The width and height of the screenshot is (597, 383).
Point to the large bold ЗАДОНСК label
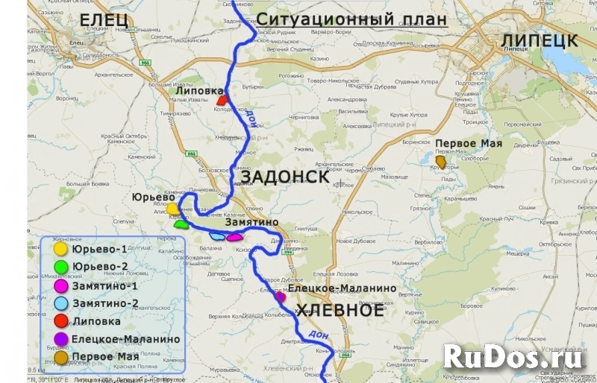(x=286, y=177)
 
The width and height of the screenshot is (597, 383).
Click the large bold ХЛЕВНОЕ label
(x=340, y=311)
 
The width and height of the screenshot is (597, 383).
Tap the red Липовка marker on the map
(x=221, y=100)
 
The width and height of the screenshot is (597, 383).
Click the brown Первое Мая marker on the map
(x=441, y=161)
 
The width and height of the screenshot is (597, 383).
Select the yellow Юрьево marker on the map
(x=172, y=209)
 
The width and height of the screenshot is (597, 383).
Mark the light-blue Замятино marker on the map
(x=217, y=236)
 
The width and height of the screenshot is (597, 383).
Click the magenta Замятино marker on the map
(x=235, y=238)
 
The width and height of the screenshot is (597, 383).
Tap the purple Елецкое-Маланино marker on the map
(x=281, y=297)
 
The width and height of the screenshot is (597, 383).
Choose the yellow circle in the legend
(x=60, y=249)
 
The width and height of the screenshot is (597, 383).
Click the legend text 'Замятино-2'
(x=105, y=303)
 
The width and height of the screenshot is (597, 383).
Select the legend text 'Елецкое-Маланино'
(x=126, y=339)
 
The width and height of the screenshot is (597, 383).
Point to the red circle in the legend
(x=60, y=321)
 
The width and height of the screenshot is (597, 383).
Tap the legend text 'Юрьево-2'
(x=100, y=267)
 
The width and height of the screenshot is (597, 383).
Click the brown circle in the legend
(x=60, y=357)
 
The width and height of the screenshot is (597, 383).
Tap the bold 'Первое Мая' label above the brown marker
(x=469, y=144)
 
